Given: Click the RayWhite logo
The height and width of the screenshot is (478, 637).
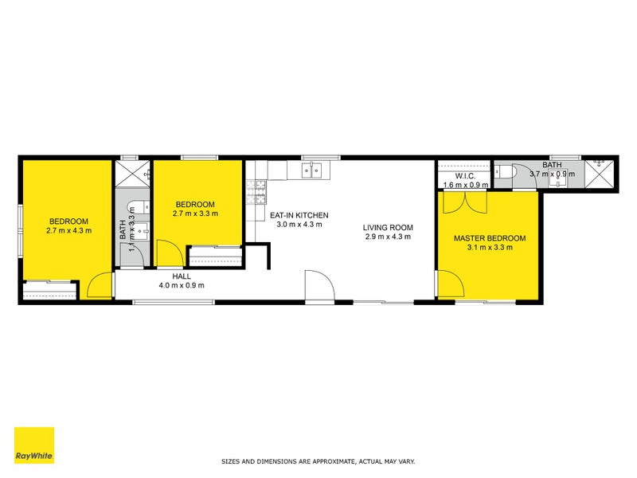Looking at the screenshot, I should click(x=34, y=445).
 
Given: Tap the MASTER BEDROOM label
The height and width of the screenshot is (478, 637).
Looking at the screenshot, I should click(x=490, y=238).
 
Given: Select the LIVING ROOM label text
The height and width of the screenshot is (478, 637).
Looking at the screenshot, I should click(x=388, y=227).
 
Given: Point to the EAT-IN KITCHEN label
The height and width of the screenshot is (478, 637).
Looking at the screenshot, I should click(x=299, y=215).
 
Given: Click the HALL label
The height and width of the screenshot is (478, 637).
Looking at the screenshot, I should click(x=182, y=276).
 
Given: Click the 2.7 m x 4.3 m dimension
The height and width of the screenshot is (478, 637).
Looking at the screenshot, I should click(x=68, y=231).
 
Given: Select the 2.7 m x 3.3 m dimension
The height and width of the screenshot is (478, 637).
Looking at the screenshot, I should click(x=195, y=214).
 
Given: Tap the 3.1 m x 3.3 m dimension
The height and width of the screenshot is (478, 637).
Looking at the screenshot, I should click(x=490, y=248).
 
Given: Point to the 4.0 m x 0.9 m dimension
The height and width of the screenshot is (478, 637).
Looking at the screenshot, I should click(x=182, y=285).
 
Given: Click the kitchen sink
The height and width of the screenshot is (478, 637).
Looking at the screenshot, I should click(x=311, y=169).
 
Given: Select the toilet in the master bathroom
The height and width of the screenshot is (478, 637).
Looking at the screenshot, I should click(x=510, y=170).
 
